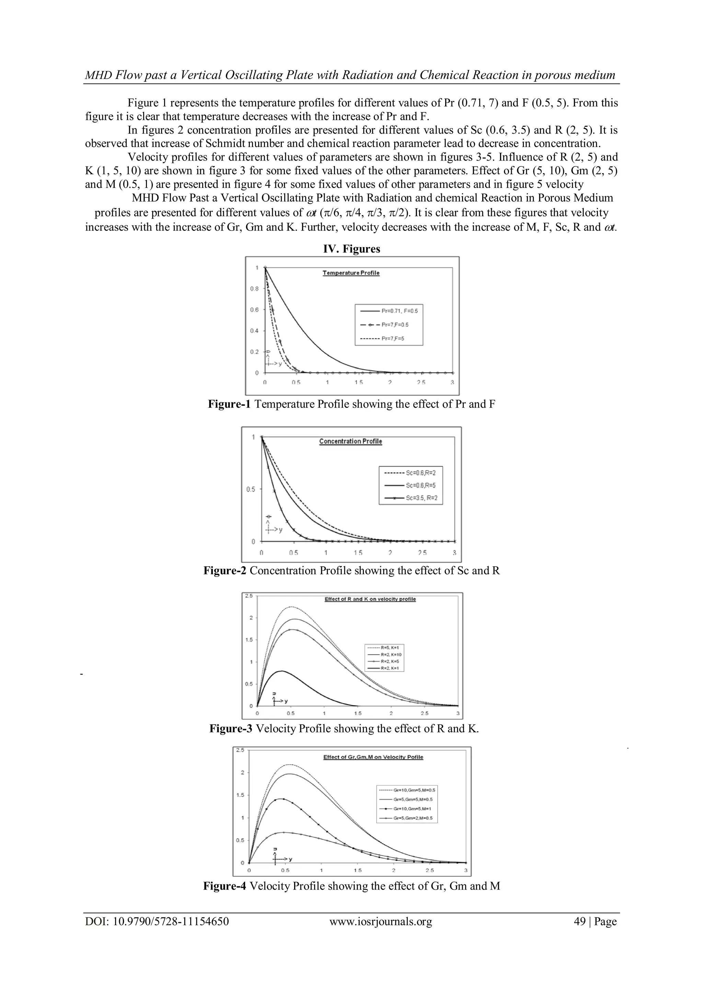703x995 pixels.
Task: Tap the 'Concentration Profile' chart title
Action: click(x=350, y=441)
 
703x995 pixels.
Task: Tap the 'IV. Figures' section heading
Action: click(x=352, y=249)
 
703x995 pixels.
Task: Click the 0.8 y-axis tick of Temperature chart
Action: click(x=254, y=289)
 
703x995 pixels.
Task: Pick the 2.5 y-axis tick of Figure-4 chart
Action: click(x=239, y=750)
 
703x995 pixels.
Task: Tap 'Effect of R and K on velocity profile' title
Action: click(x=370, y=599)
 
